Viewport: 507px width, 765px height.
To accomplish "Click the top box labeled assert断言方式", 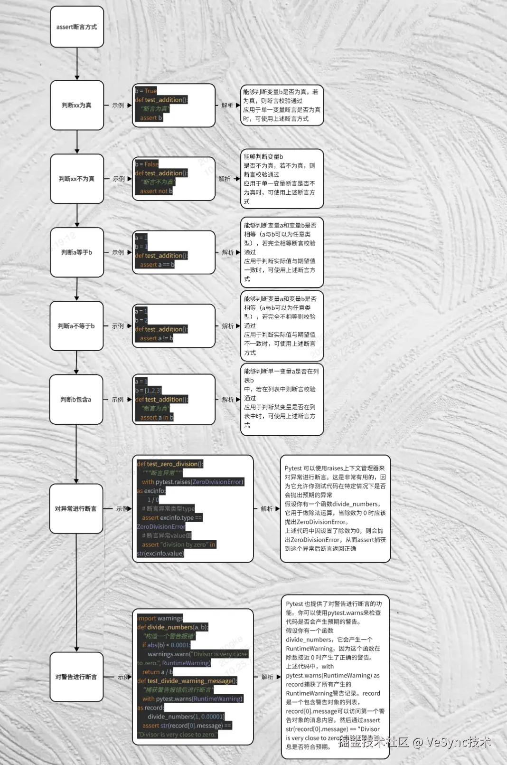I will click(77, 27).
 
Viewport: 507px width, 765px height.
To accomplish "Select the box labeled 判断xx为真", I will click(77, 105).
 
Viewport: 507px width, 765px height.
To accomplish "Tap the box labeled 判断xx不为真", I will click(77, 179).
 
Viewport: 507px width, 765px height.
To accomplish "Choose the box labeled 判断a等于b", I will click(77, 252).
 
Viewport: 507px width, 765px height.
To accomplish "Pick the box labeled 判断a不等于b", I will click(77, 326).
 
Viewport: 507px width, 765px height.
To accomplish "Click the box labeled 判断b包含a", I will click(76, 400).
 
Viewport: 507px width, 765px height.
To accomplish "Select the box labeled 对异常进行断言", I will click(76, 508).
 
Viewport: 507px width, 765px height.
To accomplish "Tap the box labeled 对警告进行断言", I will click(76, 677).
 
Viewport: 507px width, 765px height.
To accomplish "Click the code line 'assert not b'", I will click(156, 191).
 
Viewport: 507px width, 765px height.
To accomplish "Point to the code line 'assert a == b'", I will click(157, 265).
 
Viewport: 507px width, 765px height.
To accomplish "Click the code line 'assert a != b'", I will click(157, 338).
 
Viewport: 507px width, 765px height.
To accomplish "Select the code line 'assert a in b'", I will click(157, 417).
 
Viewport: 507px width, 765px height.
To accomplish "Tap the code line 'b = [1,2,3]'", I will click(149, 390).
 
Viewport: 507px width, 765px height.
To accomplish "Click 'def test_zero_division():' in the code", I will click(170, 464).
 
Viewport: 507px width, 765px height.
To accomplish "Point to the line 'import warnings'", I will click(160, 618).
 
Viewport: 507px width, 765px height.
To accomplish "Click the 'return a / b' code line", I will click(158, 672).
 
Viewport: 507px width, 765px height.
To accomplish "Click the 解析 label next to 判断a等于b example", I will click(228, 252).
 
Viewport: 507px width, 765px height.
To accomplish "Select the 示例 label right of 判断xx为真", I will click(118, 105).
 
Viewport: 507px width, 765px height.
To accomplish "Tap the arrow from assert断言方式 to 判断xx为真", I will click(77, 64).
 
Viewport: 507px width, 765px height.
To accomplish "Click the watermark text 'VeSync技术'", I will click(459, 742).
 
